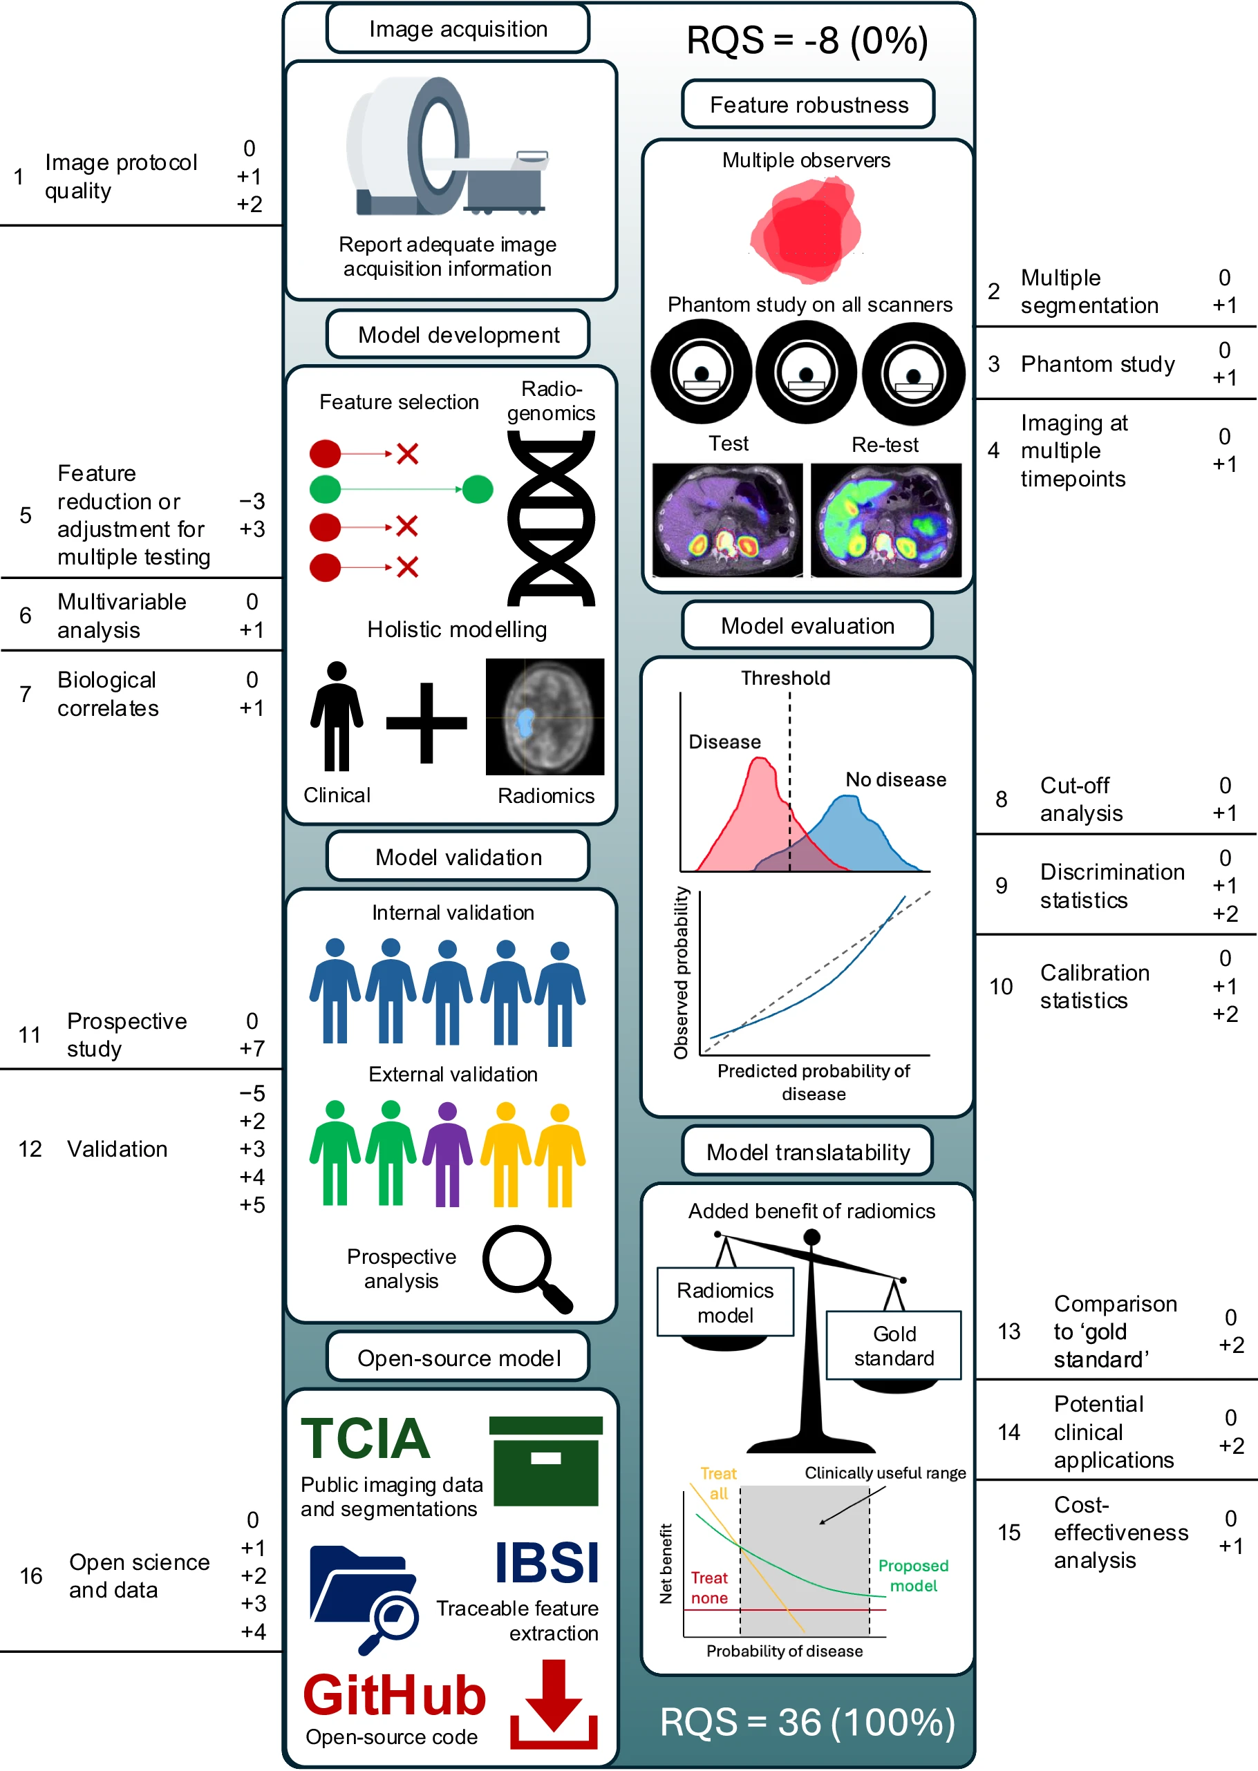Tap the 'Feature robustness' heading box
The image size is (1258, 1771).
tap(808, 104)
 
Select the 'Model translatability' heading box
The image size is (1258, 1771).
tap(807, 1153)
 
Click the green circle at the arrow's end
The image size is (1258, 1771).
tap(477, 489)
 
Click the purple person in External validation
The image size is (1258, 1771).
tap(447, 1154)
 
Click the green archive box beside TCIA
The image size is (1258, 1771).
tap(546, 1461)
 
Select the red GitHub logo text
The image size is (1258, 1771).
tap(393, 1694)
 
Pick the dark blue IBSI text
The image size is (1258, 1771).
tap(547, 1563)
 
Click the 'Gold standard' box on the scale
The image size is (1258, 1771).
tap(893, 1346)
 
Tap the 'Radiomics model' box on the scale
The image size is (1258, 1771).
tap(725, 1303)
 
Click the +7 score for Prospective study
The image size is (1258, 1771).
tap(252, 1048)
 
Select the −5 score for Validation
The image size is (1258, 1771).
tap(252, 1093)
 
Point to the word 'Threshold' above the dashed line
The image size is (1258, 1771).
tap(785, 679)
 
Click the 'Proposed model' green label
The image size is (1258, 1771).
tap(913, 1575)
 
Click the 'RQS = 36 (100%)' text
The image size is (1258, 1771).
tap(807, 1723)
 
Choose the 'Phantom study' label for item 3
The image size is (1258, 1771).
tap(1097, 364)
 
